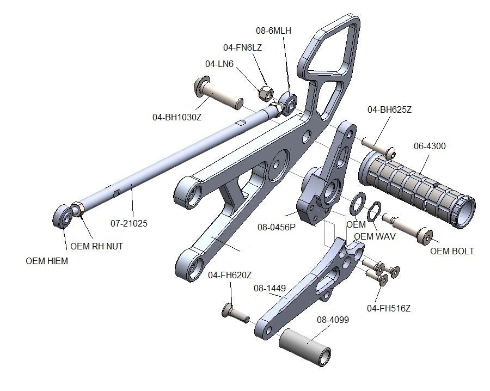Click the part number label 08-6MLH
273,31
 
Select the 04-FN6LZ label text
242,47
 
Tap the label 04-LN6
219,64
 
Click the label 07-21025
129,223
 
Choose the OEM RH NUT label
97,246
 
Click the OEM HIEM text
47,261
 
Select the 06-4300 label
430,146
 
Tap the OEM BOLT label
452,251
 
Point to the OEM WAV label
375,236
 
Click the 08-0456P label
276,227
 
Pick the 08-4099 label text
333,320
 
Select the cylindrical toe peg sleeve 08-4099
306,348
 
